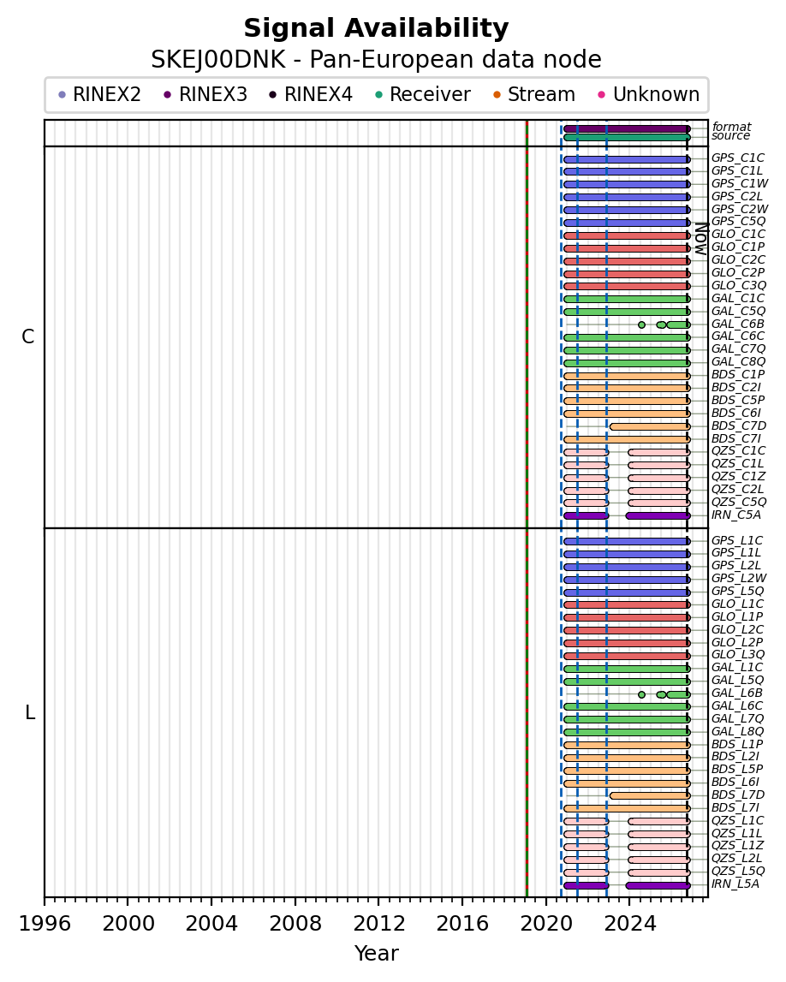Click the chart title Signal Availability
tap(376, 29)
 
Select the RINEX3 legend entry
tap(205, 94)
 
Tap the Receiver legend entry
tap(423, 94)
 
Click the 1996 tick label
tap(45, 923)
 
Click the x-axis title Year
tap(376, 953)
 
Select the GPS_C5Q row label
tap(738, 221)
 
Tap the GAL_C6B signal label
tap(738, 324)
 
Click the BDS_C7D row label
tap(738, 426)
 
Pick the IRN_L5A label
tap(735, 884)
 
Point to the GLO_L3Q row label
tap(738, 654)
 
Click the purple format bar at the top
tap(627, 128)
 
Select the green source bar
tap(627, 137)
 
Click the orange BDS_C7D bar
tap(650, 426)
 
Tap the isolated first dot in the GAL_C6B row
tap(641, 324)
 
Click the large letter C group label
tap(28, 337)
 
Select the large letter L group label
tap(29, 712)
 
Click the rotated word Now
tap(701, 239)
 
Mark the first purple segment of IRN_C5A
tap(587, 516)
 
